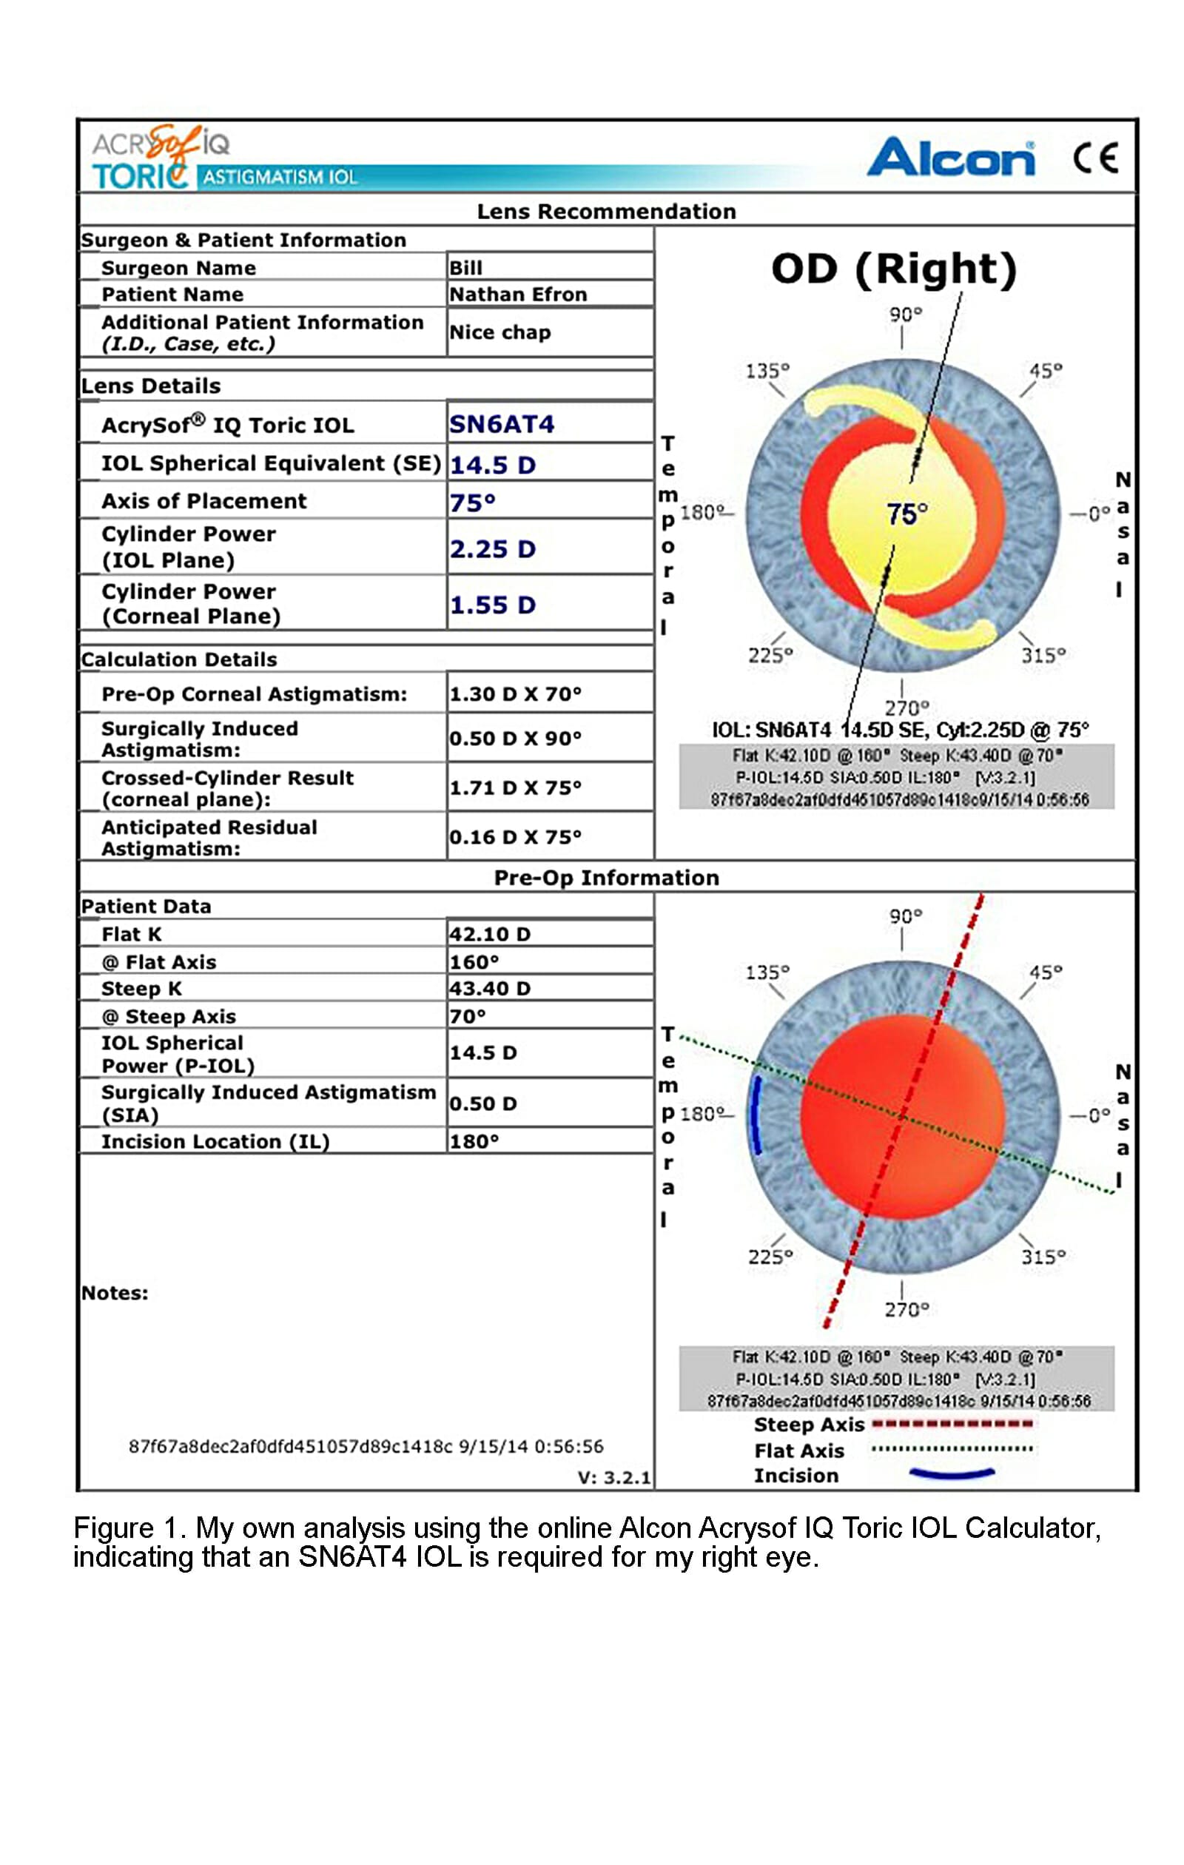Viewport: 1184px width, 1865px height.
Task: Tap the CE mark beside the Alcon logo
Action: [x=1095, y=158]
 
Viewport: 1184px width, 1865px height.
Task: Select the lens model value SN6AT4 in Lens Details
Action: [x=501, y=423]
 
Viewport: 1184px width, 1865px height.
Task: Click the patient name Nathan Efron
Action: [x=517, y=295]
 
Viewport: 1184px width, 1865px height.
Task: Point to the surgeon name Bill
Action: [x=465, y=268]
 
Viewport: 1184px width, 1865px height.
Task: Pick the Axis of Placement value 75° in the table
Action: [x=471, y=503]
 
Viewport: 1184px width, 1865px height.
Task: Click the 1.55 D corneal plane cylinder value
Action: [x=493, y=605]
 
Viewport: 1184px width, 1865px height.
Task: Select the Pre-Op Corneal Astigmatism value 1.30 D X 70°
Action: [x=515, y=694]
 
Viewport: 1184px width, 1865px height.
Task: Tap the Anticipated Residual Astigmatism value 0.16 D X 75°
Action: [x=515, y=837]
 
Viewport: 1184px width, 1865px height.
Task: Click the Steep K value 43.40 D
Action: [x=489, y=988]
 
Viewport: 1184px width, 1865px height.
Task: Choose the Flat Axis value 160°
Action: [x=474, y=962]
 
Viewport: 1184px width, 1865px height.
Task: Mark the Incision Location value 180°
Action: [x=474, y=1142]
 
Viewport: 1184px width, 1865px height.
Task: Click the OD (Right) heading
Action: [x=894, y=269]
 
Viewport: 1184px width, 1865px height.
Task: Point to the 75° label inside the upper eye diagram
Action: [x=906, y=514]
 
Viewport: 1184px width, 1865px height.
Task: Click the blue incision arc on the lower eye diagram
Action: [x=756, y=1115]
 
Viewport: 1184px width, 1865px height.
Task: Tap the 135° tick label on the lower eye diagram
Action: [x=767, y=972]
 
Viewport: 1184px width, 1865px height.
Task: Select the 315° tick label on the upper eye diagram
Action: [x=1043, y=655]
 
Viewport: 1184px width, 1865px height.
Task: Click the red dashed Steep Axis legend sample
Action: [x=952, y=1423]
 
